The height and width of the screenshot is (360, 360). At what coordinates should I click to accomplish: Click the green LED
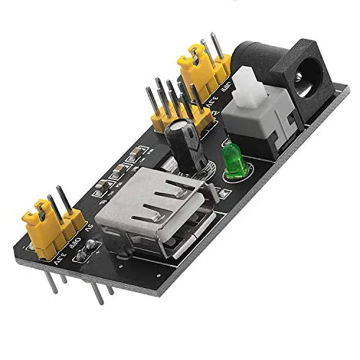pos(233,160)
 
